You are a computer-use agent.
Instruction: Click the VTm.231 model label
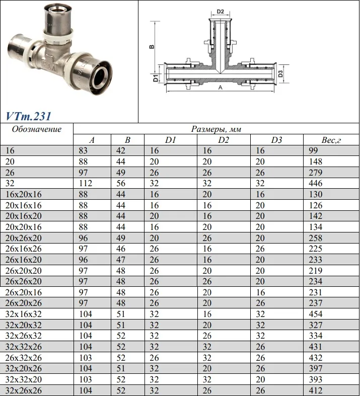[28, 116]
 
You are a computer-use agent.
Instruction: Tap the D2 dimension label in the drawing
[221, 12]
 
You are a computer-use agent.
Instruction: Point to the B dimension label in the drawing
[152, 46]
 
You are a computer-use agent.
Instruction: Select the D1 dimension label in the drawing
[156, 78]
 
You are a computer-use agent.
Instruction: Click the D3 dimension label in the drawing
[280, 74]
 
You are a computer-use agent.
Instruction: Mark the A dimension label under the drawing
[221, 88]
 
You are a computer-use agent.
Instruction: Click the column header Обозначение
[37, 129]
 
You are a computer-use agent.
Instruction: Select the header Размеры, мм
[216, 129]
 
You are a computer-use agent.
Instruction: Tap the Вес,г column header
[331, 140]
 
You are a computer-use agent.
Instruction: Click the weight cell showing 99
[313, 150]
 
